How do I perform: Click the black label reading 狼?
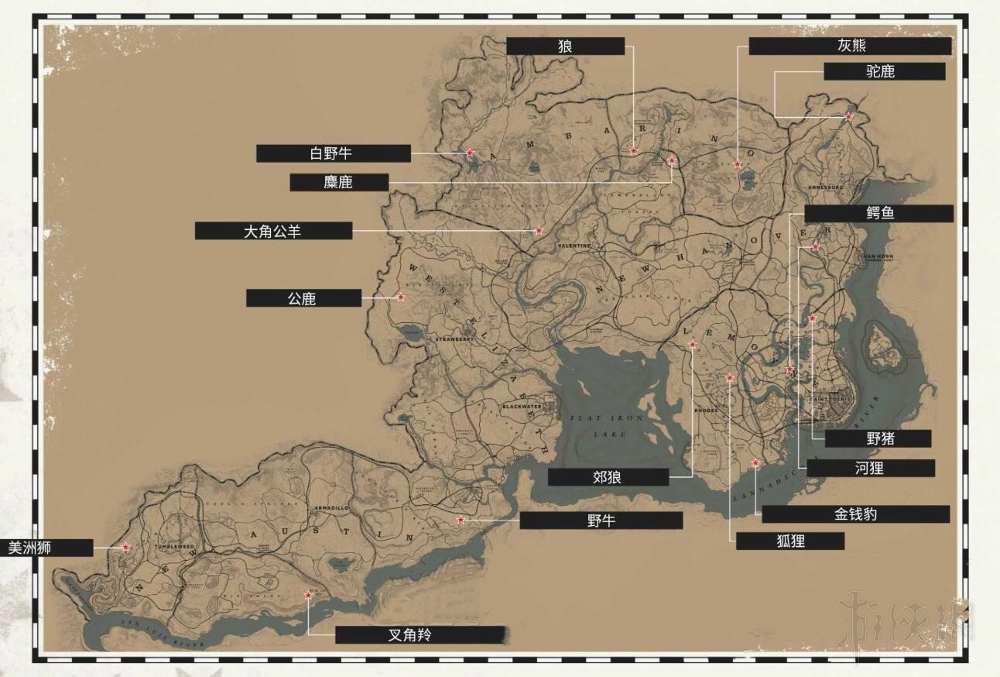(565, 46)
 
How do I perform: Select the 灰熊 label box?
(850, 46)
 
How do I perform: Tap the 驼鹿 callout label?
(884, 71)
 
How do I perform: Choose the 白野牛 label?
(333, 153)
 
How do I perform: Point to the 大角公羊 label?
(273, 231)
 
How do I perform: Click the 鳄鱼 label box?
(878, 213)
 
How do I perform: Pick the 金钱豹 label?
(855, 514)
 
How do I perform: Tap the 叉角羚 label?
(420, 635)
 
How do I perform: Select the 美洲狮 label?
(46, 548)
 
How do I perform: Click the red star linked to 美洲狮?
(125, 547)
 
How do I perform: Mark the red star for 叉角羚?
(308, 595)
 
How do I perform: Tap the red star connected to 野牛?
(461, 520)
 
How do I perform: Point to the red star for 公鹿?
(401, 297)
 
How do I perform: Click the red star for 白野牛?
(470, 153)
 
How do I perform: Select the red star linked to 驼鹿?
(848, 117)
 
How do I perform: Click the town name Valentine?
(574, 246)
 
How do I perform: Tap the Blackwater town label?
(523, 407)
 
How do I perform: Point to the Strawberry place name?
(454, 339)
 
